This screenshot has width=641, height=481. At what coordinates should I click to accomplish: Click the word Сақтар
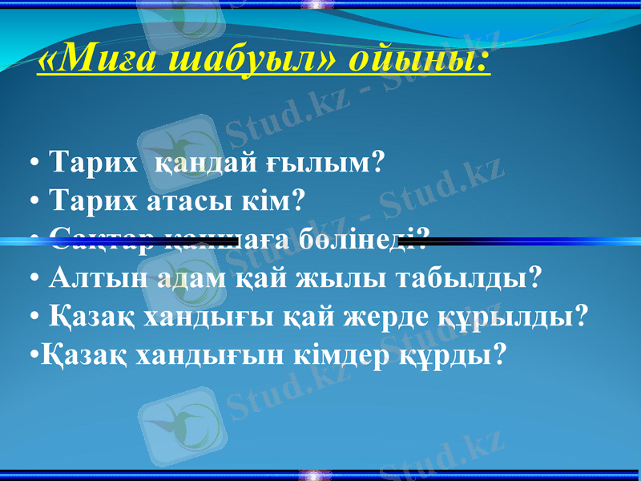pyautogui.click(x=99, y=237)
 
